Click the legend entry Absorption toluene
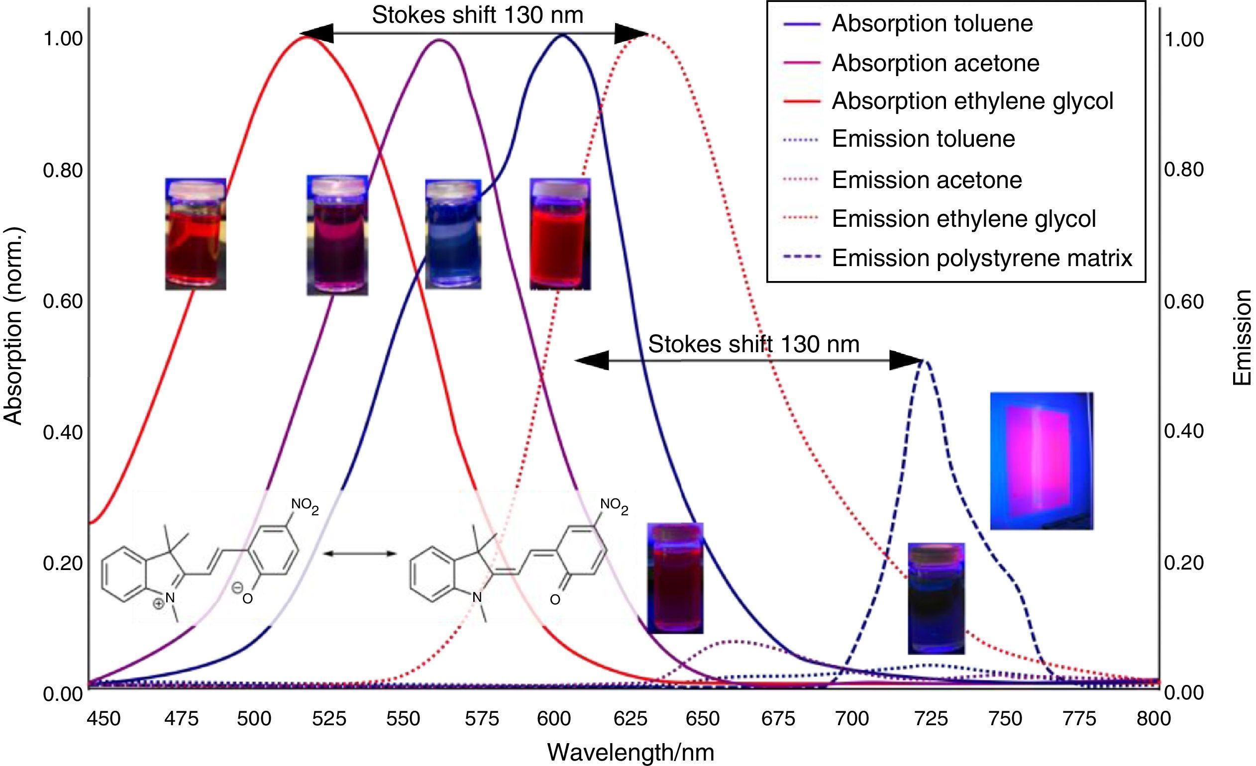pyautogui.click(x=932, y=24)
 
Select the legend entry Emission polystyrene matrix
pyautogui.click(x=981, y=258)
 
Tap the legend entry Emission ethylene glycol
pyautogui.click(x=963, y=219)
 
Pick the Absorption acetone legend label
pyautogui.click(x=935, y=63)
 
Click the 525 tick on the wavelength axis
pyautogui.click(x=329, y=719)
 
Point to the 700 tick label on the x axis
pyautogui.click(x=853, y=719)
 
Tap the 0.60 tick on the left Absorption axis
pyautogui.click(x=63, y=301)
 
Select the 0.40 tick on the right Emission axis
pyautogui.click(x=1184, y=431)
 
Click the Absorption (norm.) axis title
pyautogui.click(x=14, y=326)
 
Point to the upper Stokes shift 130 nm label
pyautogui.click(x=477, y=15)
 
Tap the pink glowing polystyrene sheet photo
pyautogui.click(x=1042, y=461)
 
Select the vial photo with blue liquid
pyautogui.click(x=453, y=234)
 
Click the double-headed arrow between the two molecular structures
pyautogui.click(x=359, y=553)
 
